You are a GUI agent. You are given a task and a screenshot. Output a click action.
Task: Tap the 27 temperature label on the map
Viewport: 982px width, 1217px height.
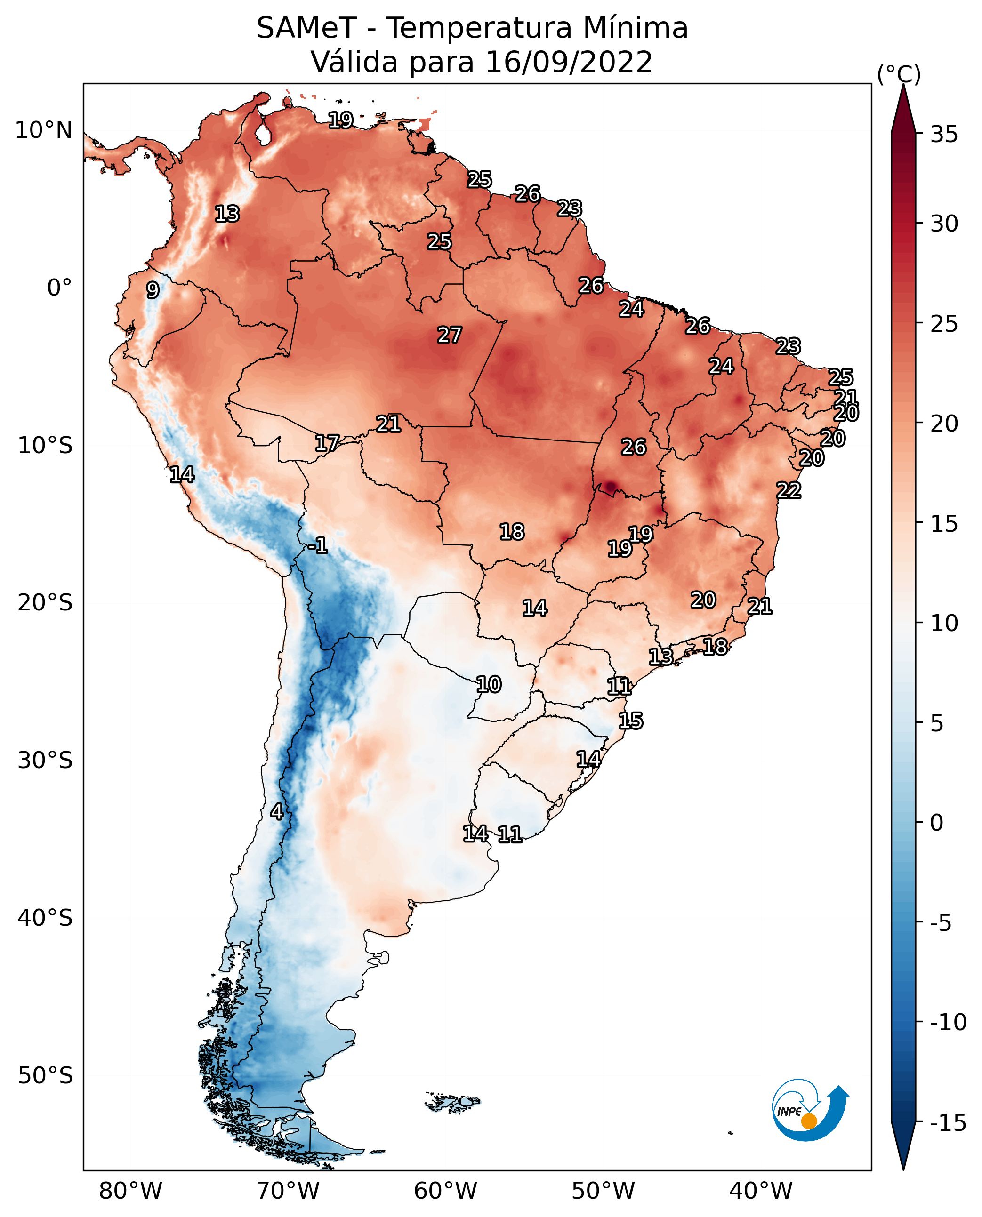coord(450,335)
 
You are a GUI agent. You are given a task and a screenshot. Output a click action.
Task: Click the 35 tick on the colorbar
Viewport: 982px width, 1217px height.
coord(944,135)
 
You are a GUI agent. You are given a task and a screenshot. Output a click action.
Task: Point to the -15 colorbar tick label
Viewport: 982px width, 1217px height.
coord(948,1122)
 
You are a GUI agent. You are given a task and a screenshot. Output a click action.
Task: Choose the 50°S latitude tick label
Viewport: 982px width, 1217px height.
coord(45,1075)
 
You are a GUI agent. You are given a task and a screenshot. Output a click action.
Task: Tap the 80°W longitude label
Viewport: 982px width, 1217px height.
coord(131,1191)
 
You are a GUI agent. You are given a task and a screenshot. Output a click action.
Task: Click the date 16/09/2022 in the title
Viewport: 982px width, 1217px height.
coord(569,62)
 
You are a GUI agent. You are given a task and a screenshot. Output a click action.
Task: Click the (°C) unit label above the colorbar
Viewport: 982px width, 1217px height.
coord(899,74)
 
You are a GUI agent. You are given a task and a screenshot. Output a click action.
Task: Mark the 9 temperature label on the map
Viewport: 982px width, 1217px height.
coord(153,290)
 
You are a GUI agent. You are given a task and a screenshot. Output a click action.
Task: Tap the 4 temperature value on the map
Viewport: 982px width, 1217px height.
coord(277,811)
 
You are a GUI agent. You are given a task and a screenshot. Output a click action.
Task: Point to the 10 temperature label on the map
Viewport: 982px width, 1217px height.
coord(489,685)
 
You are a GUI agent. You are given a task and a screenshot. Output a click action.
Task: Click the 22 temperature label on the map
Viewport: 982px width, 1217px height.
coord(789,490)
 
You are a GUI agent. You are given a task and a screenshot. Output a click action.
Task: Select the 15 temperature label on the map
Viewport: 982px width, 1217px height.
coord(631,721)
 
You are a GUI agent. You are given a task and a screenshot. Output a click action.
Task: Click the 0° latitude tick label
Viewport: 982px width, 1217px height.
coord(59,288)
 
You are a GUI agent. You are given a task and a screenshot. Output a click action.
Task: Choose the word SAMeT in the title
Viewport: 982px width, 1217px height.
coord(306,28)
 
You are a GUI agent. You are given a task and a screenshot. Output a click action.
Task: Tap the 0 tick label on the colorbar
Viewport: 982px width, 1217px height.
coord(937,822)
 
